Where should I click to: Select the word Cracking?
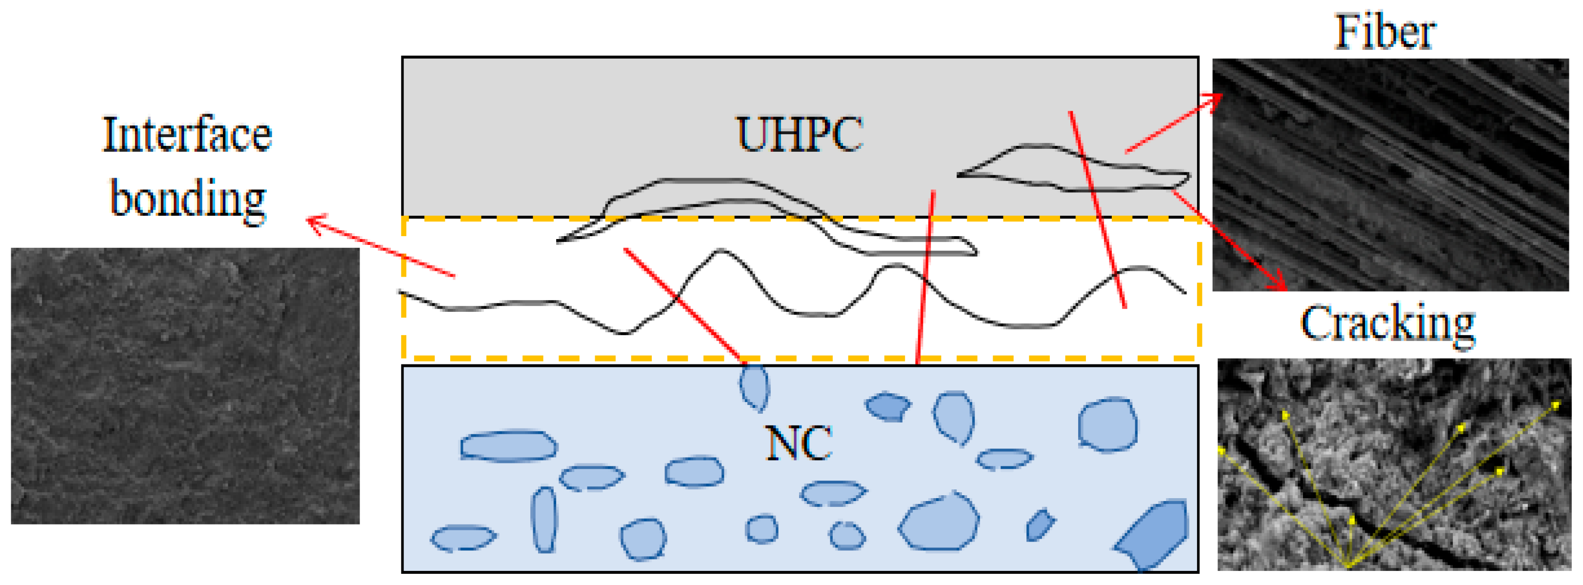[1387, 324]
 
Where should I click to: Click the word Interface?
[187, 135]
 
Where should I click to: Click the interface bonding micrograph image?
[185, 386]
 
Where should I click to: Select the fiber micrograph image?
[1390, 175]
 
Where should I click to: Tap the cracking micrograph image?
[1394, 464]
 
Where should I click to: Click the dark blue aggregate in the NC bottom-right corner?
[1153, 533]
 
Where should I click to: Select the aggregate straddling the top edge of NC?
[753, 386]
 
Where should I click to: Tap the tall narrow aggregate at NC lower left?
[544, 520]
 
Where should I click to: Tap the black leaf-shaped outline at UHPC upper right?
[1072, 169]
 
